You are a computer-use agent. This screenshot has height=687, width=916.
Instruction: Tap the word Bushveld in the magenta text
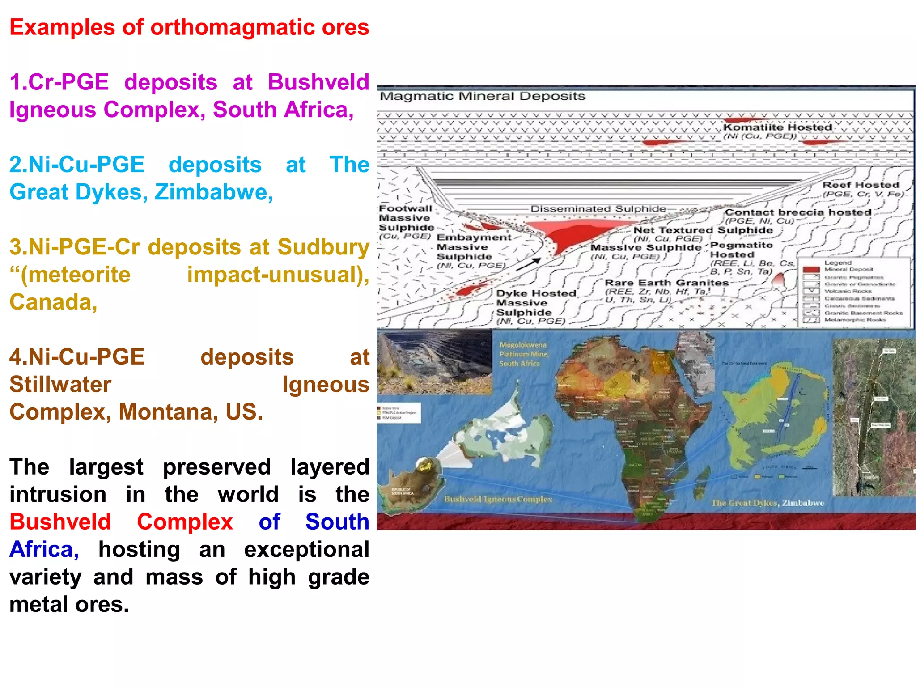point(318,82)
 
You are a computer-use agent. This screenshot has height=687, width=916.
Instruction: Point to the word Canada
point(53,302)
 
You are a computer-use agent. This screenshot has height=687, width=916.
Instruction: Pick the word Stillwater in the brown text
point(60,385)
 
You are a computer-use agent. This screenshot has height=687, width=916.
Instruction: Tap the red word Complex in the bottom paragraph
point(184,522)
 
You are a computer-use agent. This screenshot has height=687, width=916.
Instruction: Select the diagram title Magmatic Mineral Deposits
point(482,96)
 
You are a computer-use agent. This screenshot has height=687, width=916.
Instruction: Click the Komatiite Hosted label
point(777,127)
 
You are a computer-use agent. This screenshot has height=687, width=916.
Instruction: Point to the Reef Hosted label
point(861,185)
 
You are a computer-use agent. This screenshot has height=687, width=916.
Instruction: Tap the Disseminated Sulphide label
point(598,209)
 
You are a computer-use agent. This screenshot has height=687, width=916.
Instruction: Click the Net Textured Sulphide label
point(703,230)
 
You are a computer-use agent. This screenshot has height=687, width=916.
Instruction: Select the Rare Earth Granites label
point(666,283)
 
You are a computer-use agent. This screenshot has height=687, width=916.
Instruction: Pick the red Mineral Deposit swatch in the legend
point(811,269)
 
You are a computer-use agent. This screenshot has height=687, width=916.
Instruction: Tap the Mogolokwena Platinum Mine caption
point(523,354)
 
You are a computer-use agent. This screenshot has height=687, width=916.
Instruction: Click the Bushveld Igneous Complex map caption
point(498,499)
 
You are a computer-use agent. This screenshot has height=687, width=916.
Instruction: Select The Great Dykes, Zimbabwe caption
point(768,503)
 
